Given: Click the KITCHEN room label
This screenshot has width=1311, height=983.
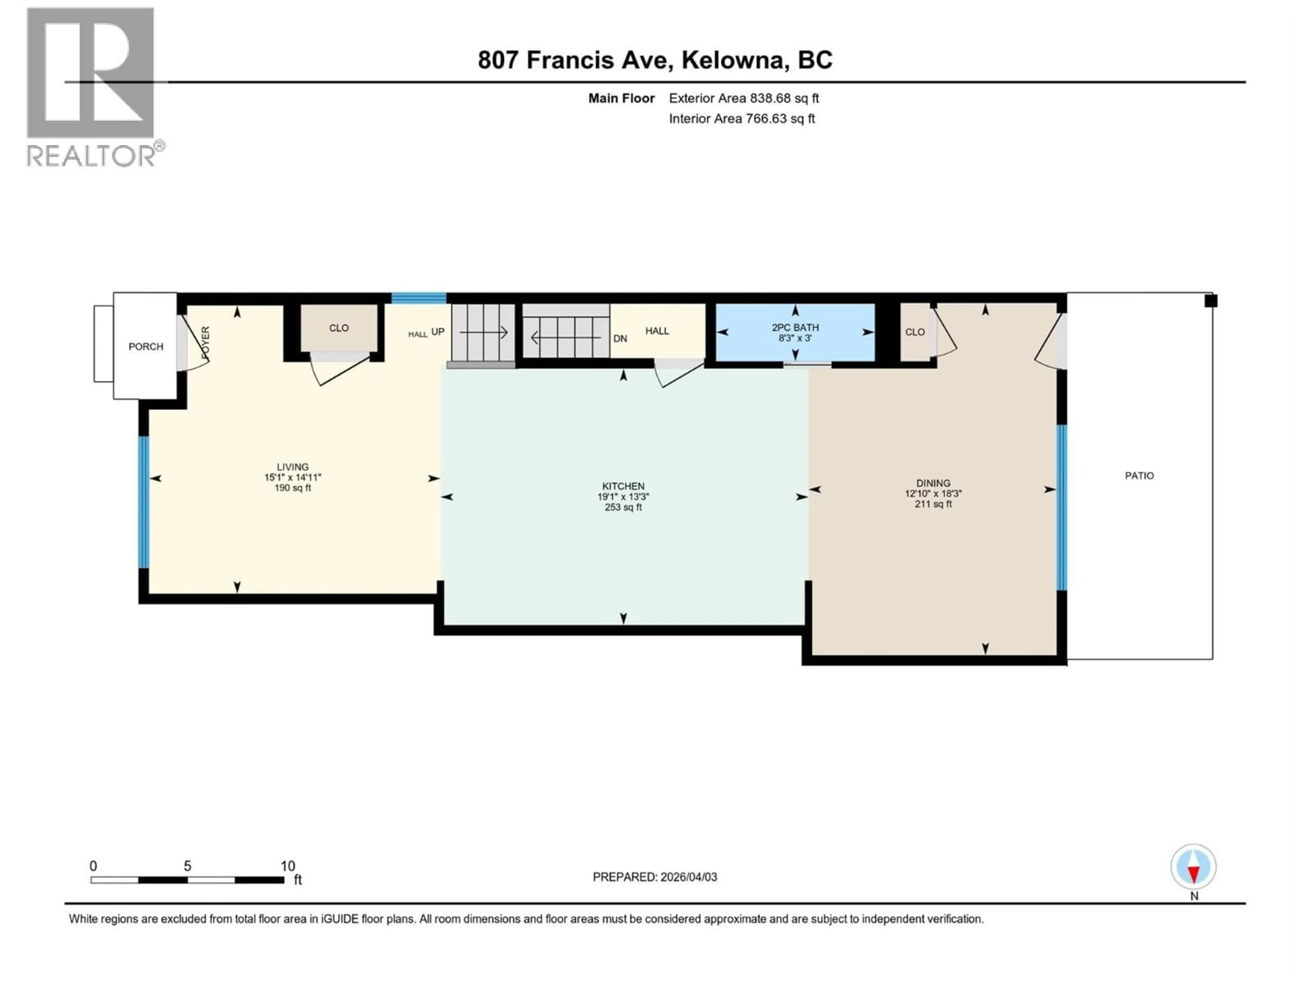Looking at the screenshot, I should click(x=623, y=486).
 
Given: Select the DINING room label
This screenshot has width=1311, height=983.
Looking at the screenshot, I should click(x=933, y=483).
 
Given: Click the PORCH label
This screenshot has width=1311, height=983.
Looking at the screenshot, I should click(x=146, y=347).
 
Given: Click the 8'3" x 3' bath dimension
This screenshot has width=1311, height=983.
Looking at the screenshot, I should click(x=795, y=338).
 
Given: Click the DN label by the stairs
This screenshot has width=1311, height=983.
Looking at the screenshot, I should click(x=620, y=338).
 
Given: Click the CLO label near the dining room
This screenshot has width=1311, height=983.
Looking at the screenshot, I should click(x=915, y=332).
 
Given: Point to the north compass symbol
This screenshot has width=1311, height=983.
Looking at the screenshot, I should click(x=1193, y=867).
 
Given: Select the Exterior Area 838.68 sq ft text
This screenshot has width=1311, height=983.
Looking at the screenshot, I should click(x=744, y=98).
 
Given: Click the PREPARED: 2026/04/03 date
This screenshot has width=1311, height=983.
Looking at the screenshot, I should click(x=654, y=877).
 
